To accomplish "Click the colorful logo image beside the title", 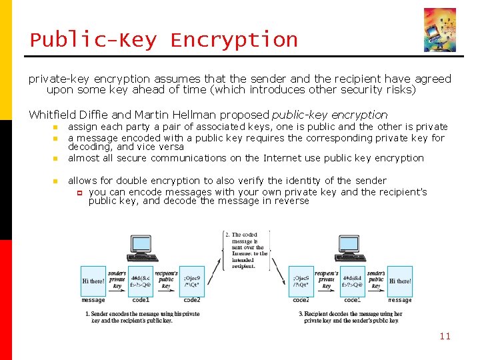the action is click(440, 30).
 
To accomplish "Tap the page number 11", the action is click(445, 336).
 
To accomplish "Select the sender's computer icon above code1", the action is click(141, 248).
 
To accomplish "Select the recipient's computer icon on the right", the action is click(351, 248).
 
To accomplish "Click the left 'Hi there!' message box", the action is click(93, 281).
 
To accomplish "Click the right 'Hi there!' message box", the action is click(400, 281).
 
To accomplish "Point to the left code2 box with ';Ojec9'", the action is click(192, 281).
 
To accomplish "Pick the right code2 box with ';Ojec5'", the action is click(301, 281).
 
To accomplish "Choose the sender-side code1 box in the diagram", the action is click(141, 281).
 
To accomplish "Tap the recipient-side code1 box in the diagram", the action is click(353, 281).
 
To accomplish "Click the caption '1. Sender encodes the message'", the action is click(142, 317).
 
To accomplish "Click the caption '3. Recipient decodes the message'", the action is click(350, 317).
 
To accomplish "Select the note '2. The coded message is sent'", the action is click(246, 250).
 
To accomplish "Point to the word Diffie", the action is click(94, 115).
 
